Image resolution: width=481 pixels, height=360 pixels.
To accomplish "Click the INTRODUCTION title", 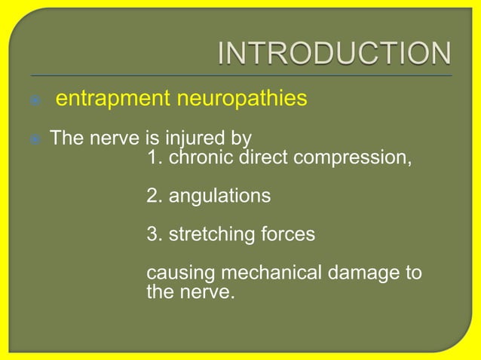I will click(x=335, y=54).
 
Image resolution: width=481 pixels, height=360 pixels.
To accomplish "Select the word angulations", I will click(x=219, y=197).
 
